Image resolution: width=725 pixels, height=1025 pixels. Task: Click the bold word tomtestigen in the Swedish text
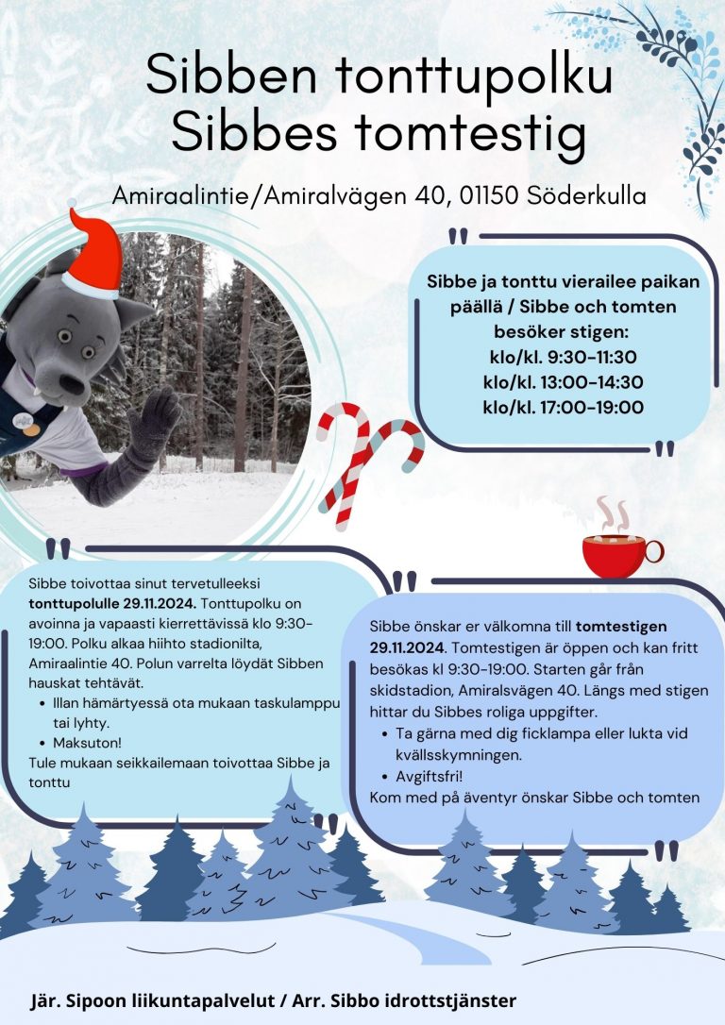click(x=621, y=626)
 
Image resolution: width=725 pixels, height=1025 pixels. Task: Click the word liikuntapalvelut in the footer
click(x=194, y=1000)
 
